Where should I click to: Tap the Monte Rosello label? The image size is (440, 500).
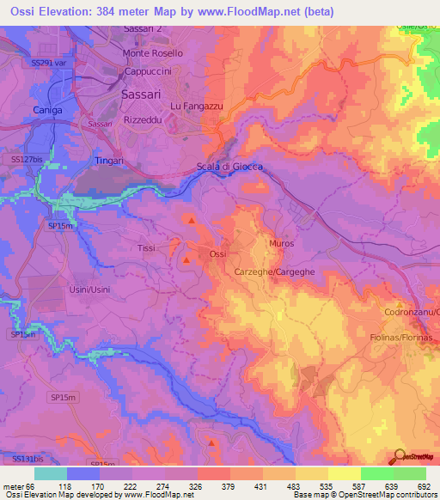coord(153,52)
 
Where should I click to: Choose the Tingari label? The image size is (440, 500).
coord(108,161)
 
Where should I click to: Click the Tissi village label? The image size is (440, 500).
coord(147,247)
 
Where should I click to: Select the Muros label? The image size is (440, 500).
coord(281,244)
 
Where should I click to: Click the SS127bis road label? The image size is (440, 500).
coord(28,159)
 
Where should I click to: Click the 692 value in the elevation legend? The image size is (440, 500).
coord(424,485)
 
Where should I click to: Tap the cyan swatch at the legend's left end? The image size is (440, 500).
coord(51,473)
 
